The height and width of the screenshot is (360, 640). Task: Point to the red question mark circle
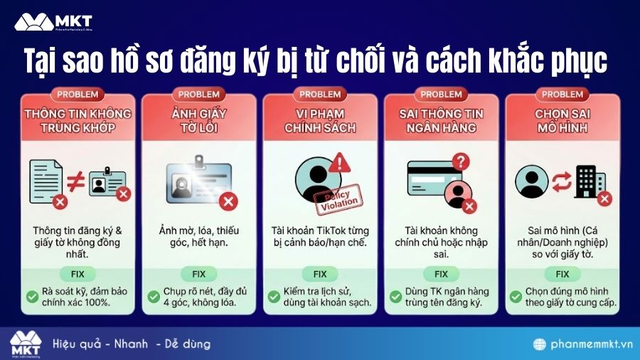coord(462,162)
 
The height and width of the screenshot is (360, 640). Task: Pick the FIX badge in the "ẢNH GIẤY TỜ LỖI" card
coord(198,274)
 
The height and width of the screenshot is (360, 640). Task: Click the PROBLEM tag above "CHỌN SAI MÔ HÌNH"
coord(562,95)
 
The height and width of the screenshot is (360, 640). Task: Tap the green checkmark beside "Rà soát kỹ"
coord(33,296)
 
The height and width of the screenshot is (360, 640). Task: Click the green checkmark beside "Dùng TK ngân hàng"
coord(395,296)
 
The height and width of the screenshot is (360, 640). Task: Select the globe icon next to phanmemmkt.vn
coord(540,344)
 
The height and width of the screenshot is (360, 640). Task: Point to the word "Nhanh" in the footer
coord(129,344)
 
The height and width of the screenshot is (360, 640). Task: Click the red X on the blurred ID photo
coord(228,202)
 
